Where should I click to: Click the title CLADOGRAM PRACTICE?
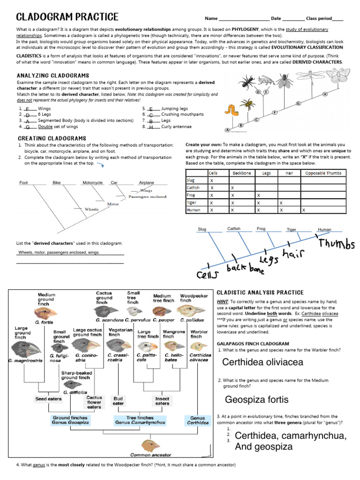(x=67, y=17)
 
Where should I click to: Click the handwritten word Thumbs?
(x=337, y=244)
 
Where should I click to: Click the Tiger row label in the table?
(x=192, y=203)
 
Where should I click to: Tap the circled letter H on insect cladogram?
(x=325, y=94)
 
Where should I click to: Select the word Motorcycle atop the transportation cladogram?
(x=92, y=182)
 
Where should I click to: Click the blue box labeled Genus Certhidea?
(x=197, y=420)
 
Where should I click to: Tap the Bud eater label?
(x=118, y=401)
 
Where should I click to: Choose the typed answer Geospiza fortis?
(x=256, y=400)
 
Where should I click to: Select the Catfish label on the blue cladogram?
(x=234, y=229)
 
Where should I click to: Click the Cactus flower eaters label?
(x=94, y=402)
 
